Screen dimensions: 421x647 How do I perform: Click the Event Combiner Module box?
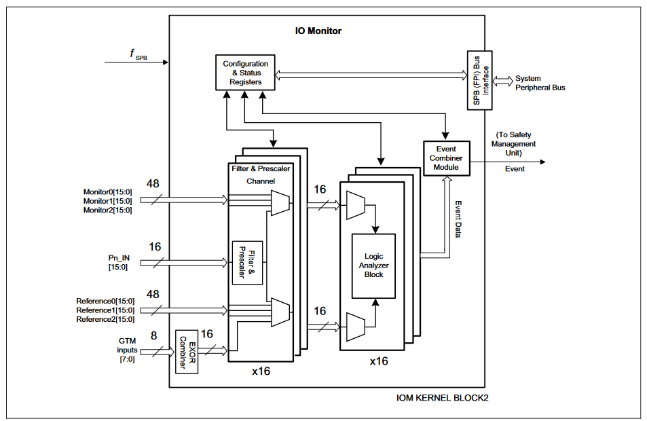(x=446, y=158)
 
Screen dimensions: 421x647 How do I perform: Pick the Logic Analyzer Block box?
(x=373, y=266)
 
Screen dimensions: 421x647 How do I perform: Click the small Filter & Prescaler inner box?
(x=247, y=263)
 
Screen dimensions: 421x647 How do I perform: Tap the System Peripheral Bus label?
(x=540, y=83)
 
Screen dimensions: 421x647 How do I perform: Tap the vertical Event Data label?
(x=458, y=219)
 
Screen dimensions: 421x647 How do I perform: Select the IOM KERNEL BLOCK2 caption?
(x=441, y=397)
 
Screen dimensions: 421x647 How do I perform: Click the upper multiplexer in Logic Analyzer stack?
(x=355, y=205)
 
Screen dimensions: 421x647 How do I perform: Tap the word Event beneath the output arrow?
(x=514, y=168)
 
